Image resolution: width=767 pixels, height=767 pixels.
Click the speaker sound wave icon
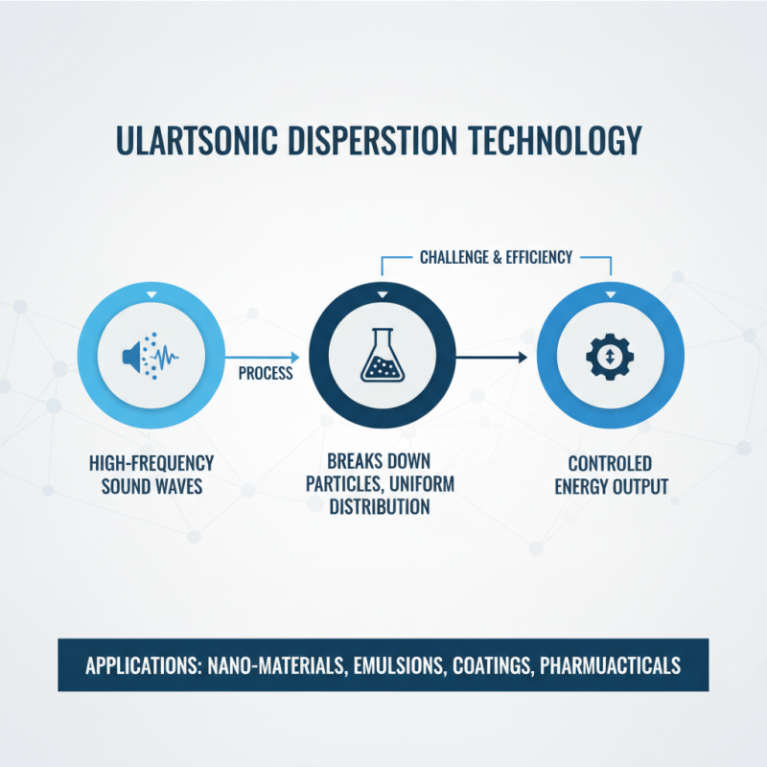(151, 358)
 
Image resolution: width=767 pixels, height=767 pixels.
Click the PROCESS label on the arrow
(265, 373)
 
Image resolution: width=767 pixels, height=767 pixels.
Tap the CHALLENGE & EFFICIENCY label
(496, 257)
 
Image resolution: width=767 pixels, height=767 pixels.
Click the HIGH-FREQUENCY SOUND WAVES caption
(152, 475)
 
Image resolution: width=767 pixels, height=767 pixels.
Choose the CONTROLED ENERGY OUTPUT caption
(611, 475)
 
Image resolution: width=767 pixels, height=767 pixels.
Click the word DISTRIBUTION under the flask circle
(380, 506)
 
